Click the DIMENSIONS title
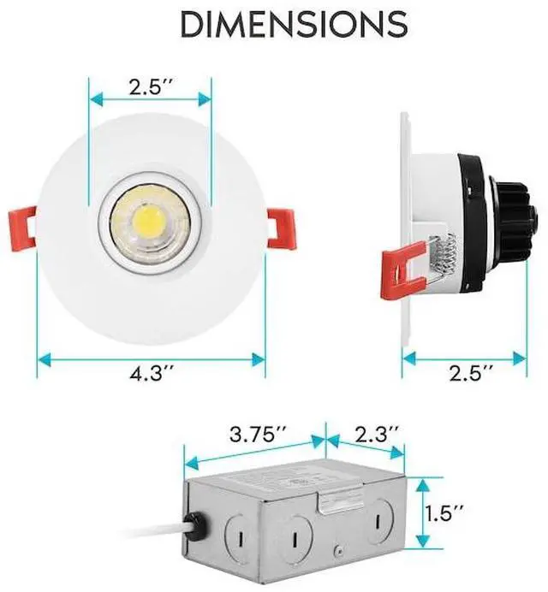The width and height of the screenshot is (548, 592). [293, 26]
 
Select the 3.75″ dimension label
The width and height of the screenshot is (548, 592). [258, 434]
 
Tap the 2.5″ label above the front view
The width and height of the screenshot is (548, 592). [151, 87]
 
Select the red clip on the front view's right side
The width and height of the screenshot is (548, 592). [281, 229]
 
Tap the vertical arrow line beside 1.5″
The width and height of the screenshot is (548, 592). [421, 513]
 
